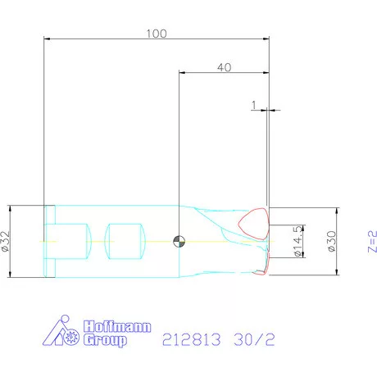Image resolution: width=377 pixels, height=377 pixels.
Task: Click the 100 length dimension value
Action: [x=157, y=34]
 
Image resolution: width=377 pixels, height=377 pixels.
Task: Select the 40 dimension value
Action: [x=225, y=67]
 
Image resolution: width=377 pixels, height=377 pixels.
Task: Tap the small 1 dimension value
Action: [x=254, y=105]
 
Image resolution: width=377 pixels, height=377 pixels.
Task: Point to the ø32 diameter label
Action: [x=5, y=241]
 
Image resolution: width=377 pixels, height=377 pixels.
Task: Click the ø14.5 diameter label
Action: [x=298, y=241]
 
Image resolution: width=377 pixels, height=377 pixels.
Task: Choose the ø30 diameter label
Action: [x=331, y=241]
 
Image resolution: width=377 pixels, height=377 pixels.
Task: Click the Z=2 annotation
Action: [x=372, y=242]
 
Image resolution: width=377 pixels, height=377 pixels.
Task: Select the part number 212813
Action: [x=191, y=339]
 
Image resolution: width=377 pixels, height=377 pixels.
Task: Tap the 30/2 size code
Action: [x=254, y=339]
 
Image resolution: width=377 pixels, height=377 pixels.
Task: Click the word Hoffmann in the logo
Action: [x=117, y=326]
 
